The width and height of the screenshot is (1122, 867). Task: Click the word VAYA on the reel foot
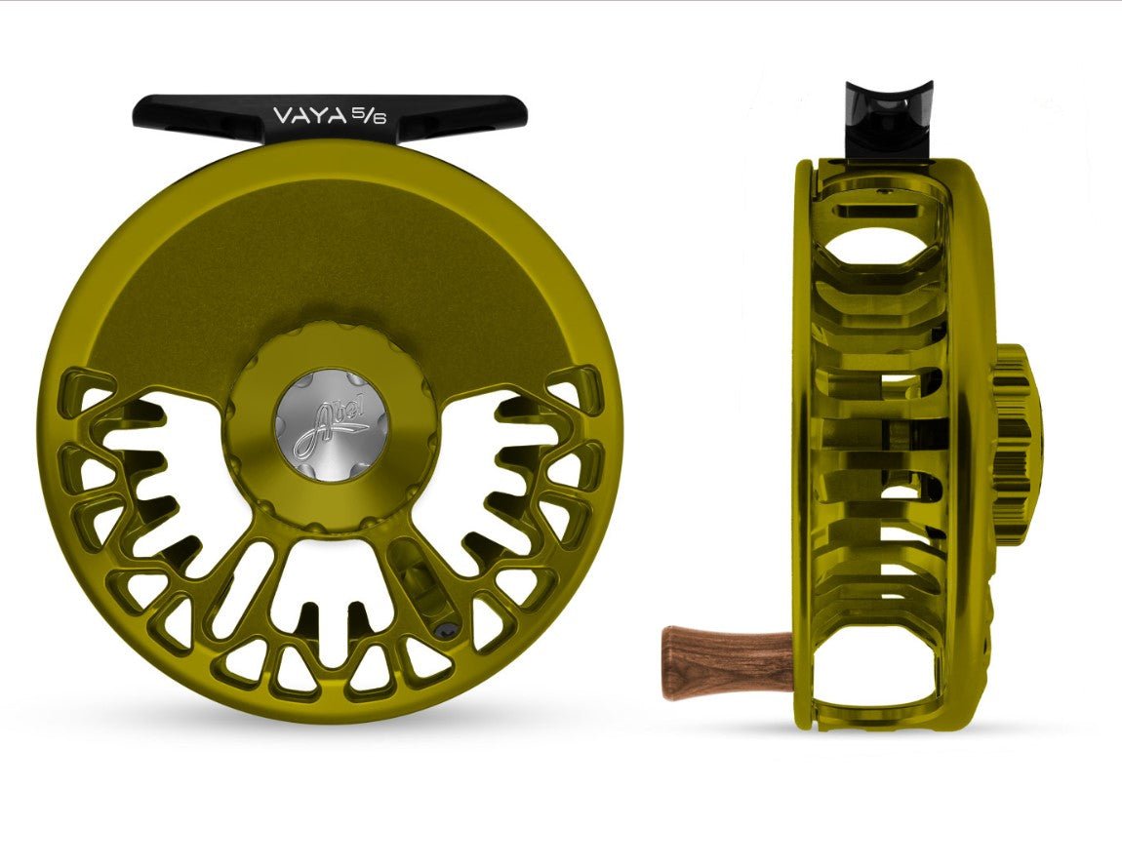[x=295, y=116]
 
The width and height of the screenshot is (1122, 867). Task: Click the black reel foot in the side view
[x=888, y=122]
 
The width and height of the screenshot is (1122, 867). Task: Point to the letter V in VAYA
[x=257, y=116]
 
